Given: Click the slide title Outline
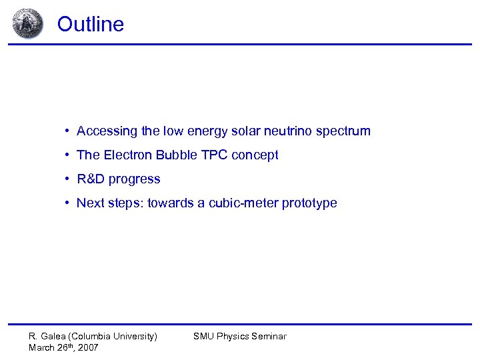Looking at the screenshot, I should coord(90,24).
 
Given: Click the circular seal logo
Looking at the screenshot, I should coord(27,23).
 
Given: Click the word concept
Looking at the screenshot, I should coord(254,155).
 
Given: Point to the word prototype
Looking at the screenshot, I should coord(309,203).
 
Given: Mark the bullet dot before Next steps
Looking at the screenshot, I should coord(68,203).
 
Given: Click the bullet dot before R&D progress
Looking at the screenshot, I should coord(68,179).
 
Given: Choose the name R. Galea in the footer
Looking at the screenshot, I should coord(47,337).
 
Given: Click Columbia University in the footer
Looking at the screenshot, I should coord(113,337).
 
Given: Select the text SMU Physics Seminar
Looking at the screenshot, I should coord(239,337).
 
